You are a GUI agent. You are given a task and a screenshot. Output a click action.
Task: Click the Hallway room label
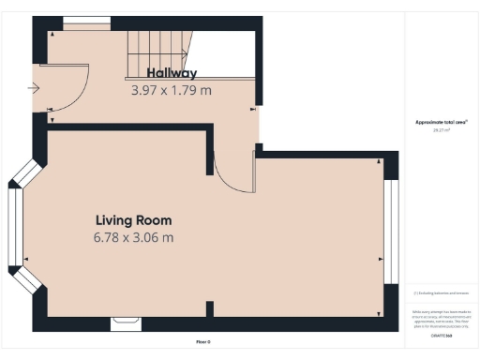[x=172, y=73]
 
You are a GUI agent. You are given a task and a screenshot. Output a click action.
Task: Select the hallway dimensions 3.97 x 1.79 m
[x=172, y=91]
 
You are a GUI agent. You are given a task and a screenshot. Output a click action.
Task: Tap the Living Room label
[x=133, y=220]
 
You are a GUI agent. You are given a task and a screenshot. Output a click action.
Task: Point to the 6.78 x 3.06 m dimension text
[x=133, y=238]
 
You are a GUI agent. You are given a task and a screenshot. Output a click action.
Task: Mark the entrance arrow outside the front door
[x=34, y=89]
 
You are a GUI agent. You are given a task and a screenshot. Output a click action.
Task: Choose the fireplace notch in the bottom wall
[x=125, y=324]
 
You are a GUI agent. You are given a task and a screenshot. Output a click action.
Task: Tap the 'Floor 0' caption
[x=203, y=341]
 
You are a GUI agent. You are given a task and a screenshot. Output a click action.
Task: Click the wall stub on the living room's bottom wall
[x=209, y=308]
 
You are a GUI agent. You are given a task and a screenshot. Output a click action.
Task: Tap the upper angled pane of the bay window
[x=25, y=174]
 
